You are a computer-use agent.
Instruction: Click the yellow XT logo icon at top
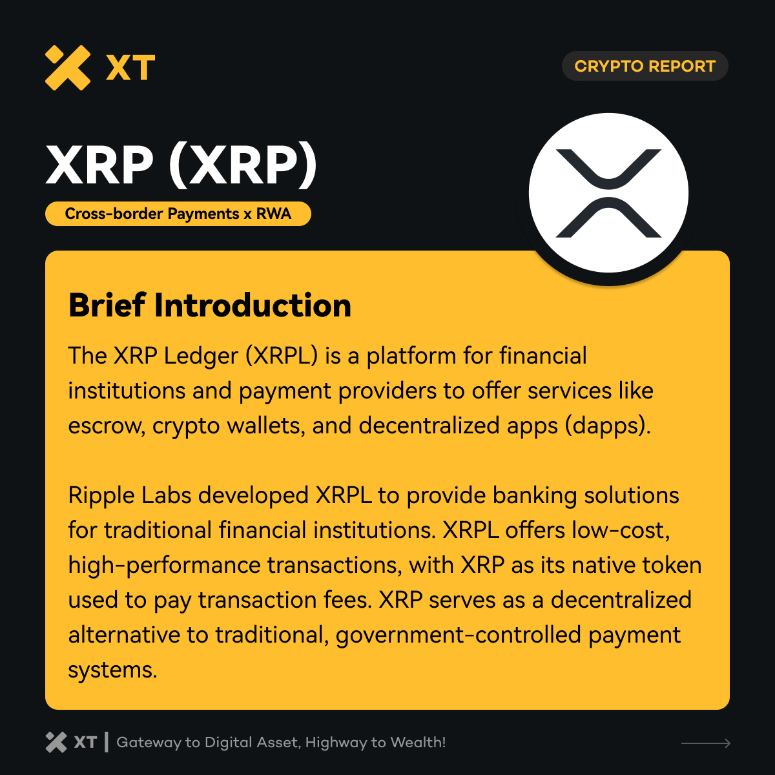67,67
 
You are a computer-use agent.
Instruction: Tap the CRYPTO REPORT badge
645,66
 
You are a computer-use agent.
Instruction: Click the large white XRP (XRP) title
181,165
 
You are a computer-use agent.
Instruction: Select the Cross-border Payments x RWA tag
178,214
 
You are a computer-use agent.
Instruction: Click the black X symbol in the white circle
608,192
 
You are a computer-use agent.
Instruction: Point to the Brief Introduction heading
210,305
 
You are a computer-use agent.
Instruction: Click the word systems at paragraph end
112,670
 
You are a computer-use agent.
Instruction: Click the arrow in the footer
706,743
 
